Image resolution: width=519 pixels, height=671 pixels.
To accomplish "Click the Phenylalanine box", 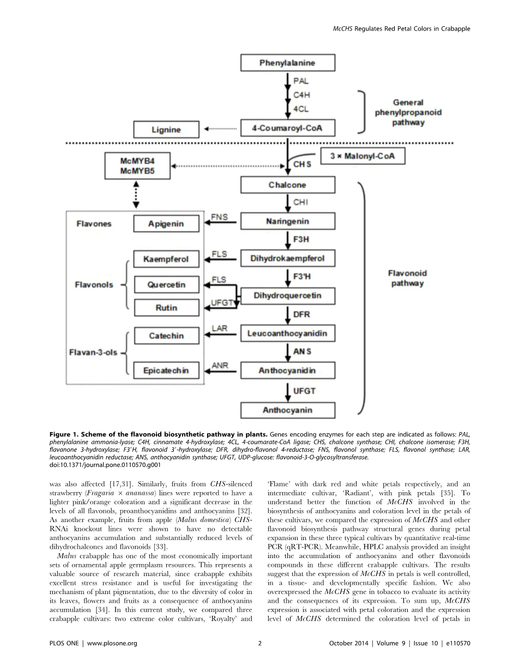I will [287, 63].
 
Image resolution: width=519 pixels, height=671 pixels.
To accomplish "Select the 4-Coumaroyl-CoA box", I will [287, 129].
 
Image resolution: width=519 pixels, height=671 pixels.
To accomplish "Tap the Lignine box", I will [166, 130].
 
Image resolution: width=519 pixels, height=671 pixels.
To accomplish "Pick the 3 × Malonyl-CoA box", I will [363, 156].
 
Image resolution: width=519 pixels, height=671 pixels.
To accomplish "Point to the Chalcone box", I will [287, 185].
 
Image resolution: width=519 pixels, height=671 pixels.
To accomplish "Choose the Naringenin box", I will [287, 221].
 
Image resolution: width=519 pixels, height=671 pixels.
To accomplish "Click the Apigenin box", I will [166, 224].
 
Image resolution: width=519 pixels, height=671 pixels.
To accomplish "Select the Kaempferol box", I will [166, 259].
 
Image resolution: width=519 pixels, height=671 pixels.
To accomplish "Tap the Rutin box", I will [166, 308].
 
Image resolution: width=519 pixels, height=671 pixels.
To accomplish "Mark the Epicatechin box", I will [166, 370].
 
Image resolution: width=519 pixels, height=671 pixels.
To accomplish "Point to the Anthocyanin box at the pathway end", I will [287, 410].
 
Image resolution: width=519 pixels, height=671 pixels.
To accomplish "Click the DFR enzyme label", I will [301, 315].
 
